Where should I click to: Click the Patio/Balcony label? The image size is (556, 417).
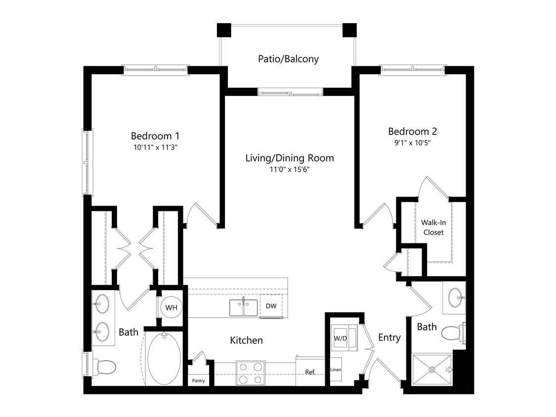coord(288,59)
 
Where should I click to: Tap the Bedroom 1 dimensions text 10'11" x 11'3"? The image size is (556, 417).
coord(154,147)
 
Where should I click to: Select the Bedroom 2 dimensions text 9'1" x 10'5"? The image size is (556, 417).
coord(412,143)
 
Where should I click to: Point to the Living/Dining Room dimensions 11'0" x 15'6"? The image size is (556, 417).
coord(290,169)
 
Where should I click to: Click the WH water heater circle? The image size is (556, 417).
coord(171,307)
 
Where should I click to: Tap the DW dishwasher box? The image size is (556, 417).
coord(271,306)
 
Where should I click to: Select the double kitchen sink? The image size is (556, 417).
coord(243,307)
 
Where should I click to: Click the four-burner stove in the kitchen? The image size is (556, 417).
coord(251,373)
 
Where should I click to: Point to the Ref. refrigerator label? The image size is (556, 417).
coord(310,372)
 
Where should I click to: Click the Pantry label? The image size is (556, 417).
coord(199,380)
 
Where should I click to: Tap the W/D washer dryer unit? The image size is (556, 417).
coord(341,339)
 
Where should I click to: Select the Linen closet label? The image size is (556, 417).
coord(336,370)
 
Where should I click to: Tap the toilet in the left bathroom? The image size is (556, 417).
coord(104,367)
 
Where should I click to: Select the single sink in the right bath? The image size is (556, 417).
coord(455,298)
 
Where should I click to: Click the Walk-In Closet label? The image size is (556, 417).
coord(433,227)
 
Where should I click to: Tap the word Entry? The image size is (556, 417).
coord(389,337)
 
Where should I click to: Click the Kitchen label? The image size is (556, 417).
coord(246,340)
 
